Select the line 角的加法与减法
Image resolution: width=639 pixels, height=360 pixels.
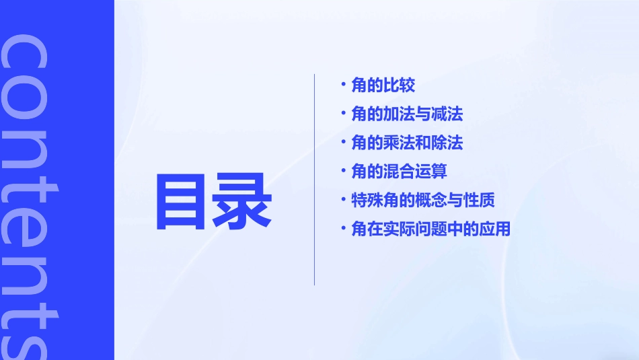tap(407, 114)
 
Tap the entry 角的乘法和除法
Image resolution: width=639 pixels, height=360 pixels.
tap(407, 143)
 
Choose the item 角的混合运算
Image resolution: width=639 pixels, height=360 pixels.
tap(399, 172)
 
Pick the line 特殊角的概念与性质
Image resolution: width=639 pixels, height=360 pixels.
tap(423, 201)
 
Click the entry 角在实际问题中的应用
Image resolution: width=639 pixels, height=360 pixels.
tap(431, 229)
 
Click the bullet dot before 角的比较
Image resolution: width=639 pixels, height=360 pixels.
tap(344, 85)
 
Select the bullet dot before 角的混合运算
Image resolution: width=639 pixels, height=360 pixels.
tap(344, 171)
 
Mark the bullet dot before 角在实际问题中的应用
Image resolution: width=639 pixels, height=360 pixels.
tap(344, 229)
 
